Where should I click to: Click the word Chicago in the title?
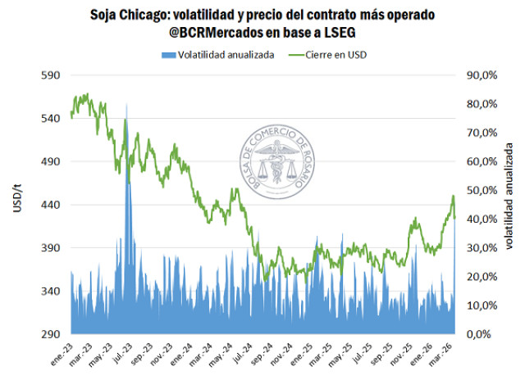[168, 14]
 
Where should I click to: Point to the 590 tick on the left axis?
[51, 75]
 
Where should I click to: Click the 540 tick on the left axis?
[51, 119]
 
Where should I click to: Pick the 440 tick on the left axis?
[51, 205]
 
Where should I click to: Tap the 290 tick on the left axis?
[51, 334]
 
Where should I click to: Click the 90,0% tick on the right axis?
[482, 75]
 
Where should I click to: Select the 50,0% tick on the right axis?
[482, 190]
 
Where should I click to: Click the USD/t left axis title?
[18, 204]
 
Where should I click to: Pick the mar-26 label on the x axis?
[443, 353]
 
